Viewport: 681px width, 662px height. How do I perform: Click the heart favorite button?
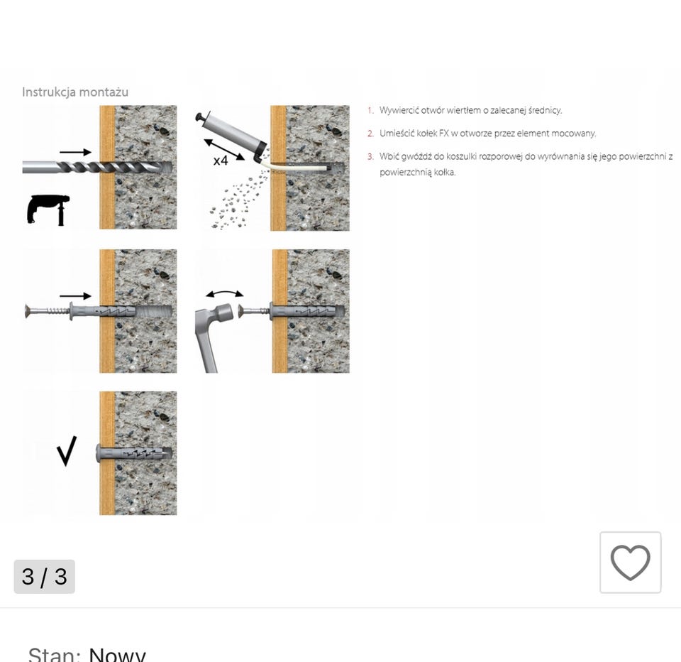(x=630, y=562)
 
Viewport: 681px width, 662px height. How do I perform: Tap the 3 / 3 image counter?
(x=44, y=576)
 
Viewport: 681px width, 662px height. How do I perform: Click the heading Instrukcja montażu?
(x=74, y=92)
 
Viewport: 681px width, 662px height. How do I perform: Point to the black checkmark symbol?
(x=66, y=451)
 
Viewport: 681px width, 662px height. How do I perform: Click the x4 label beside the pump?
(x=221, y=161)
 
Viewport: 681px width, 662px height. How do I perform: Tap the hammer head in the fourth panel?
(x=223, y=313)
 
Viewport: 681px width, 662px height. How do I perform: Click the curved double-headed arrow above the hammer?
(x=224, y=293)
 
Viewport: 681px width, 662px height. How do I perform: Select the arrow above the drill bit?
(x=75, y=152)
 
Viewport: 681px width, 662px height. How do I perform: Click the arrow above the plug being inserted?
(x=75, y=295)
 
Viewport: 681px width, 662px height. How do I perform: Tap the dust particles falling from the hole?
(x=234, y=202)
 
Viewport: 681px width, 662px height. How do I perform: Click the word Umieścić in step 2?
(x=396, y=133)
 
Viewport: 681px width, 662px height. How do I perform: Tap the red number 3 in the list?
(x=370, y=156)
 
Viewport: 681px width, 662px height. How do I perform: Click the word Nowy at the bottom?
(x=117, y=654)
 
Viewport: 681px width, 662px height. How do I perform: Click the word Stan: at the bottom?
(x=55, y=654)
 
